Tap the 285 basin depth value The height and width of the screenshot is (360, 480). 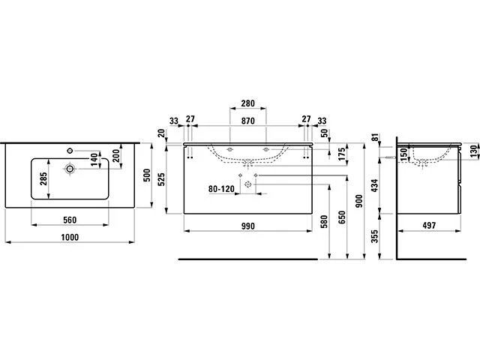tap(44, 179)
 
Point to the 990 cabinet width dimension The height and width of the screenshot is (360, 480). tap(250, 225)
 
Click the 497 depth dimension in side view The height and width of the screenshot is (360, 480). tap(430, 225)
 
